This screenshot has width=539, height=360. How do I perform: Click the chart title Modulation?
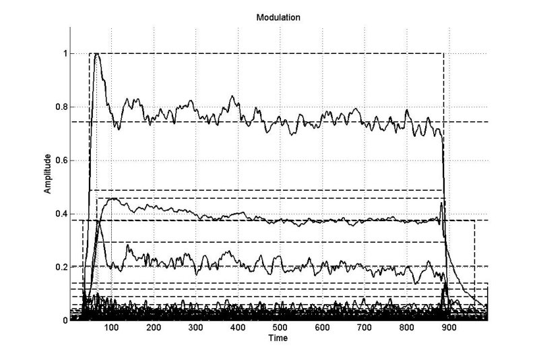[278, 18]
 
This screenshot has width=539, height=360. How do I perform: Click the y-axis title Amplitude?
[47, 174]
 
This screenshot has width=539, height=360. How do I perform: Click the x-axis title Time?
[278, 338]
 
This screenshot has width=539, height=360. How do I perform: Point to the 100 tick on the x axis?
[111, 328]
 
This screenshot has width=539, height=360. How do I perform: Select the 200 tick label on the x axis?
[154, 328]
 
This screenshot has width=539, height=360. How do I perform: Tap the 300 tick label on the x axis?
[195, 328]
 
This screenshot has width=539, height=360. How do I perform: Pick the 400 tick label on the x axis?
[238, 328]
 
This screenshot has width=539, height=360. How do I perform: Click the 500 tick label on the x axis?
[280, 328]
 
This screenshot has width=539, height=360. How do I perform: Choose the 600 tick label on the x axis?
[322, 328]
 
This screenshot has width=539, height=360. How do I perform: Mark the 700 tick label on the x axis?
[364, 328]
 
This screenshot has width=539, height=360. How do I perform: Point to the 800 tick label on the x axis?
[407, 328]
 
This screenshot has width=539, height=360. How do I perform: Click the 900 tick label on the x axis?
[449, 328]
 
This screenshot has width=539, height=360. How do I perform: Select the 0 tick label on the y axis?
[65, 320]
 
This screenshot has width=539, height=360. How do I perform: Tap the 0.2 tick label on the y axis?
[61, 267]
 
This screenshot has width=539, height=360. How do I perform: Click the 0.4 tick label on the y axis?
[61, 214]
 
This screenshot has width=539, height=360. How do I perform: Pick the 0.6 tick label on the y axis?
[61, 160]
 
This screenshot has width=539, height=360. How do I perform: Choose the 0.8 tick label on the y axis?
[61, 107]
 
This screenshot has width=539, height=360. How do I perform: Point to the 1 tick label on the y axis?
[65, 54]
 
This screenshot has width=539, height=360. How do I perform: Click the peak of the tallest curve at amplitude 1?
[96, 54]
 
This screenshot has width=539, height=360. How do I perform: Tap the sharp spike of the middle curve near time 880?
[441, 204]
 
